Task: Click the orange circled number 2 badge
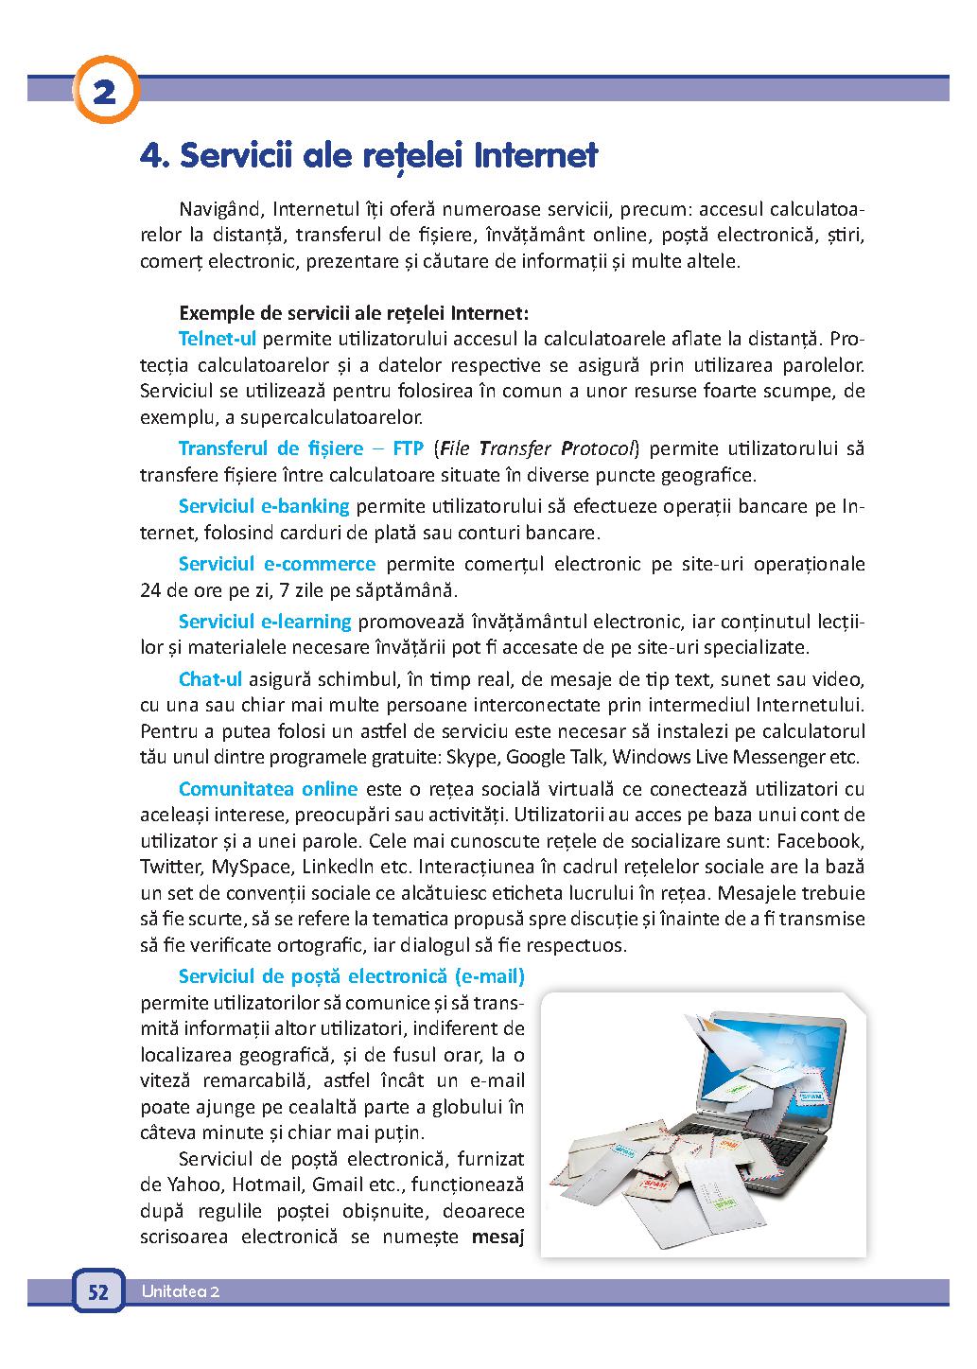click(x=104, y=93)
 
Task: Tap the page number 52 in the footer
click(x=98, y=1292)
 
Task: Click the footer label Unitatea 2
click(x=181, y=1292)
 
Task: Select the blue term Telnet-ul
click(x=218, y=339)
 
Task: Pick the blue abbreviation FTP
click(x=409, y=448)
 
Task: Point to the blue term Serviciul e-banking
click(x=264, y=506)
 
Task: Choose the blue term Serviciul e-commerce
click(x=277, y=565)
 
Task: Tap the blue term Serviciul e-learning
click(x=265, y=622)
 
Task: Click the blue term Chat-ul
click(x=210, y=679)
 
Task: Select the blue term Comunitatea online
click(x=268, y=789)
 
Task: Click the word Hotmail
click(x=266, y=1185)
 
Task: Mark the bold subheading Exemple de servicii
click(x=353, y=312)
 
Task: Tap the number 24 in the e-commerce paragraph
click(x=149, y=591)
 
